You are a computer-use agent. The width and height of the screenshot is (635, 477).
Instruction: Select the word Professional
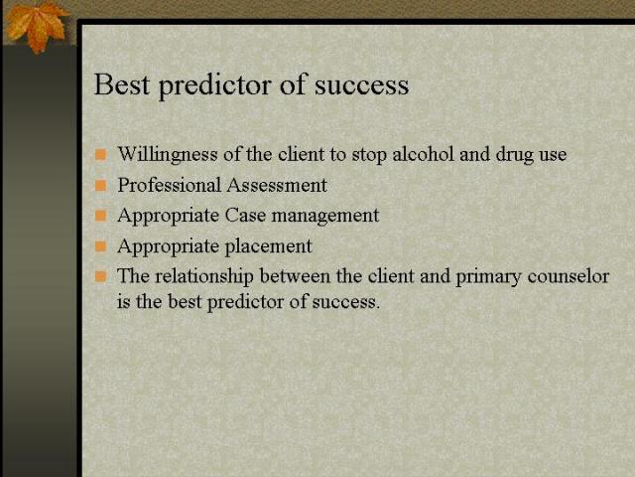pos(168,185)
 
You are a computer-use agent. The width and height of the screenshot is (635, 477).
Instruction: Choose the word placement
pos(267,246)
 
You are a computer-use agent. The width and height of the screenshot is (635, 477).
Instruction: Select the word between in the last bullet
pos(295,276)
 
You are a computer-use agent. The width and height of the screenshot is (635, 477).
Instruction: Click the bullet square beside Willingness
pos(100,155)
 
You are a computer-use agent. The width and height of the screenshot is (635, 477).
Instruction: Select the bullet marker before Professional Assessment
pos(100,185)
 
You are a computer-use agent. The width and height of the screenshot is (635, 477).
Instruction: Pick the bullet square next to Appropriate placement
pos(100,245)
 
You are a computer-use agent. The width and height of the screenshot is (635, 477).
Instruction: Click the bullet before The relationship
pos(100,276)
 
